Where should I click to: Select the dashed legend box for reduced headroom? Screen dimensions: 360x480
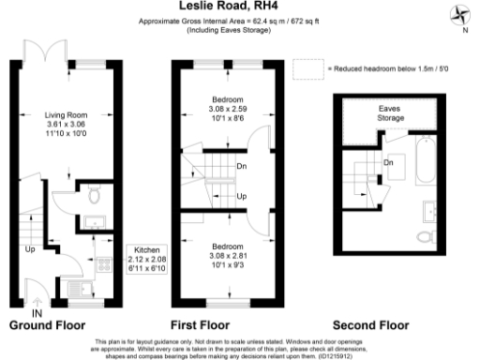tap(307, 69)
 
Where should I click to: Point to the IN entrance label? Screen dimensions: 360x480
tap(37, 312)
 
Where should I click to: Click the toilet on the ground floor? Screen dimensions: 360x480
tap(94, 195)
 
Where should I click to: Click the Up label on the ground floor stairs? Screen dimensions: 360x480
tap(29, 250)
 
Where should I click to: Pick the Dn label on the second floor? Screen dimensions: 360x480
tap(387, 162)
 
